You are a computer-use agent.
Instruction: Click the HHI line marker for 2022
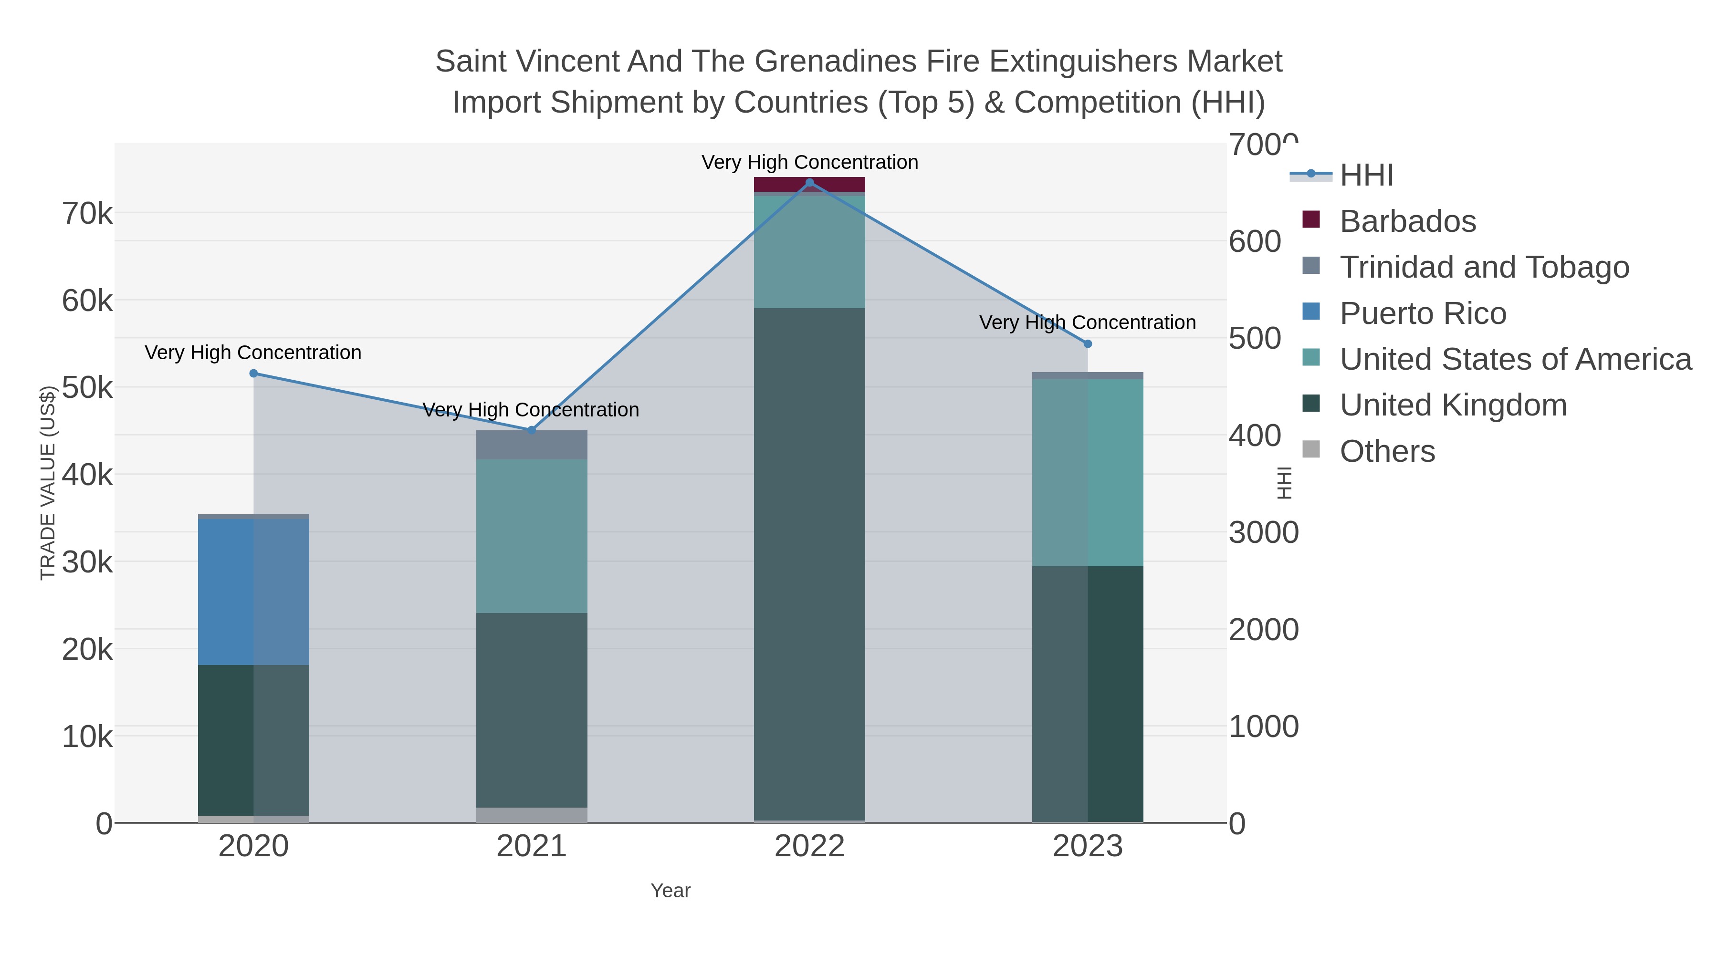tap(810, 183)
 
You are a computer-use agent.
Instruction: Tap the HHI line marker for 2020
tap(253, 374)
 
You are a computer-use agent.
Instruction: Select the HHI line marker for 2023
tap(1088, 344)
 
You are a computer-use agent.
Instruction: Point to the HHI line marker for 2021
tap(532, 430)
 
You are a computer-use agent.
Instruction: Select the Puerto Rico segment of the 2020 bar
tap(253, 592)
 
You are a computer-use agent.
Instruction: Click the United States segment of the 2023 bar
tap(1088, 473)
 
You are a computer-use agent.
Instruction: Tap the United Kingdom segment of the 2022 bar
tap(810, 564)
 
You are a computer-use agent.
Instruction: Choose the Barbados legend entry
tap(1407, 221)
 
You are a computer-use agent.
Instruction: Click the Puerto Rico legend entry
tap(1423, 313)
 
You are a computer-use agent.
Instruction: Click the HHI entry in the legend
tap(1366, 176)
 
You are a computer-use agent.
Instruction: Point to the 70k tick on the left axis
tap(87, 214)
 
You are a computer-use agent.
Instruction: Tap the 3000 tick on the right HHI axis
tap(1264, 533)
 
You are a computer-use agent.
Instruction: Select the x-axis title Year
tap(670, 891)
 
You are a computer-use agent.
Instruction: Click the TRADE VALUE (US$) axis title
tap(48, 483)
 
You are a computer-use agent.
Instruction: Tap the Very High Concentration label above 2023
tap(1087, 322)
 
